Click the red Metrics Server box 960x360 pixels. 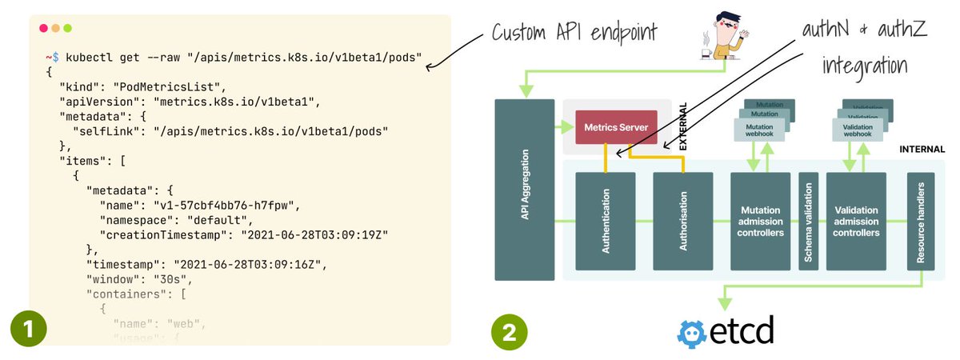[610, 127]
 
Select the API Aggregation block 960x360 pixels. [525, 190]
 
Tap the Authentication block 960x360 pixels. [606, 222]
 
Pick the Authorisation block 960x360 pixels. [683, 222]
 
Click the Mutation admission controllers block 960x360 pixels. [760, 222]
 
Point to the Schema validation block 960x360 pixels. [808, 222]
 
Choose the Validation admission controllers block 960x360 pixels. [856, 222]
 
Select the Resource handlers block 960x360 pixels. [922, 222]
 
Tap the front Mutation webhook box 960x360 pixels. [759, 130]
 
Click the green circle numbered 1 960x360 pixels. [28, 329]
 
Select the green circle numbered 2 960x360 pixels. [508, 329]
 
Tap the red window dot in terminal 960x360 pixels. [43, 29]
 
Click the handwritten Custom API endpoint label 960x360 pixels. [574, 33]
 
